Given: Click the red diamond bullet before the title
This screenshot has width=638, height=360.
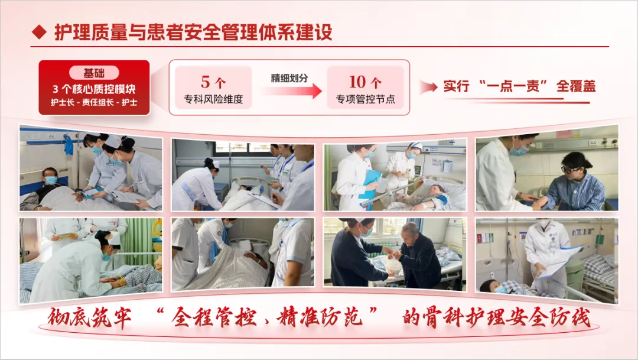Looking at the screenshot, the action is (39, 32).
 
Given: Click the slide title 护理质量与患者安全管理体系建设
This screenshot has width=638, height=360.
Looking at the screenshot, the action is (193, 32).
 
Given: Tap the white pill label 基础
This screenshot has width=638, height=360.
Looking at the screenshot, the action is (94, 73).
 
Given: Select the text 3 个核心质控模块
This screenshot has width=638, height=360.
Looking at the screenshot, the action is (94, 89).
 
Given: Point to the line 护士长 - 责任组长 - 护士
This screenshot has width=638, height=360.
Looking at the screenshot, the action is (94, 102).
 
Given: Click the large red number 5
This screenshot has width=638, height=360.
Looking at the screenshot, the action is (206, 82).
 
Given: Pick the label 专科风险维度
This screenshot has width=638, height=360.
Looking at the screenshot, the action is (213, 99).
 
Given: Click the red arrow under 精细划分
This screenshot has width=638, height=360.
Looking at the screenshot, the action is (291, 90).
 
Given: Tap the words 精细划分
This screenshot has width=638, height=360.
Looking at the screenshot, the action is (289, 78).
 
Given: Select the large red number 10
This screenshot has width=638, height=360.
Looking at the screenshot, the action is (357, 82).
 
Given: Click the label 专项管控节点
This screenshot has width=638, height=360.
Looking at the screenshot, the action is (366, 99).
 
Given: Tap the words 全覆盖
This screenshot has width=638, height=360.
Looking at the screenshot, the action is (576, 86).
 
